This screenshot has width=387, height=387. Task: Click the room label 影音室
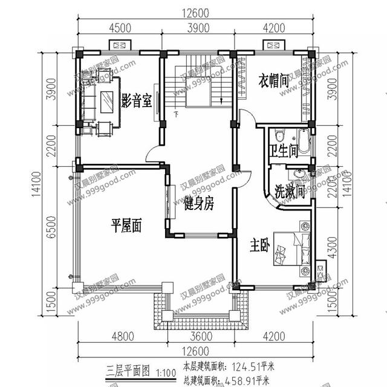click(136, 100)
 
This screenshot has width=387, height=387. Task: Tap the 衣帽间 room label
click(274, 81)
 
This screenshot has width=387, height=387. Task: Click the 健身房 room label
click(199, 204)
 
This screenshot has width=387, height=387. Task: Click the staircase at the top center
click(198, 82)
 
